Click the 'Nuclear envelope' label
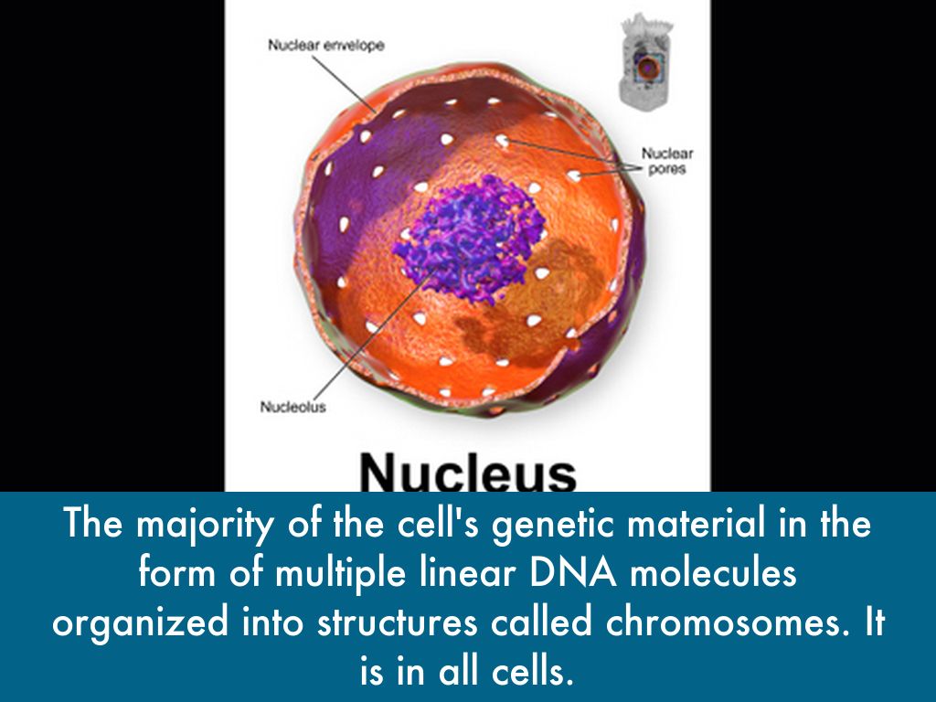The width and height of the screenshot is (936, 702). pyautogui.click(x=326, y=46)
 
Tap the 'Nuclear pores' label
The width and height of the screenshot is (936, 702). pyautogui.click(x=667, y=161)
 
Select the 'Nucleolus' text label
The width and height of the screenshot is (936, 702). pyautogui.click(x=293, y=407)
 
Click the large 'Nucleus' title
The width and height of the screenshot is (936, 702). pyautogui.click(x=468, y=472)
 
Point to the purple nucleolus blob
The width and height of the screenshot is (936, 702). pyautogui.click(x=469, y=238)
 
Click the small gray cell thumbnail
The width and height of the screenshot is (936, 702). pyautogui.click(x=647, y=62)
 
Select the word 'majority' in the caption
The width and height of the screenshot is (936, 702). pyautogui.click(x=203, y=525)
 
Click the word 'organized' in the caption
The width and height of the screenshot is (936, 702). pyautogui.click(x=140, y=623)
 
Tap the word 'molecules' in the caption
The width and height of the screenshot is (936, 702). pyautogui.click(x=713, y=572)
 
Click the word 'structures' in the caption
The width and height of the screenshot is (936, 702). pyautogui.click(x=397, y=622)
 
